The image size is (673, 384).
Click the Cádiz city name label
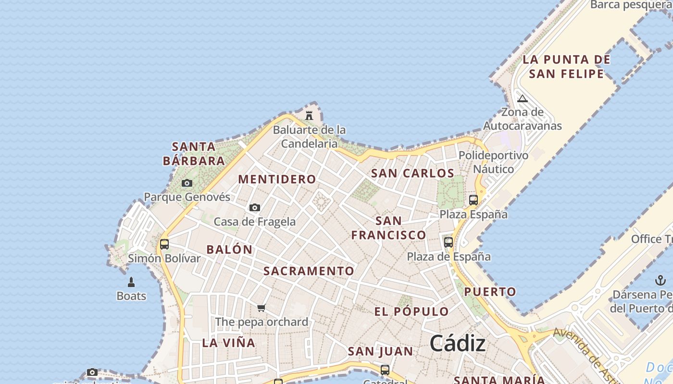point(457,343)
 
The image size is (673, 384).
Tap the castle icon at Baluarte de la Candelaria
point(309,116)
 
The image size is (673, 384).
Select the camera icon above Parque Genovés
point(187,183)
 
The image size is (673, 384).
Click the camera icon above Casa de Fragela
point(255,207)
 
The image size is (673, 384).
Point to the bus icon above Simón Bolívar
point(164,244)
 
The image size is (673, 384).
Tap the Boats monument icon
point(131,282)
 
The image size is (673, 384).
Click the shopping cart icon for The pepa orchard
point(261,308)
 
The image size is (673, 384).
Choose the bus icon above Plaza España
point(474,200)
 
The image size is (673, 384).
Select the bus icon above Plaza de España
point(449,242)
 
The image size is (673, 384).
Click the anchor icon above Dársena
point(660,280)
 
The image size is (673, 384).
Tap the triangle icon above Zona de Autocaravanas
point(523,99)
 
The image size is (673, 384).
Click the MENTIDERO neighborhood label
point(277,180)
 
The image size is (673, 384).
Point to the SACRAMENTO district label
point(309,271)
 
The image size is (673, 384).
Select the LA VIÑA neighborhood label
point(229,343)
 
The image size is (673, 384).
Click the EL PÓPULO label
point(411,312)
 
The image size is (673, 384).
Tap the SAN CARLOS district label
point(412,173)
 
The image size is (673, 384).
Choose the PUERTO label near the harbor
point(490,292)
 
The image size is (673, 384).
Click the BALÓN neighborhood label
point(229,250)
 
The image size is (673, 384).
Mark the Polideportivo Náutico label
point(493,162)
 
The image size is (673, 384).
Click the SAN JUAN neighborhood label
point(380,352)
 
